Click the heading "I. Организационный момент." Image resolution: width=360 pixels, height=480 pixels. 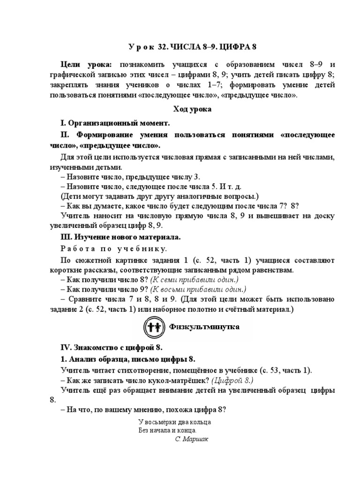(x=114, y=123)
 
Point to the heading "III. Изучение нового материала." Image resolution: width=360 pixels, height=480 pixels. (x=120, y=237)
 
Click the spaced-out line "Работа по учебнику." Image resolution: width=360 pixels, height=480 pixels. (x=113, y=248)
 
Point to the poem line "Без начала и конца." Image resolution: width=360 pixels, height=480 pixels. (x=168, y=430)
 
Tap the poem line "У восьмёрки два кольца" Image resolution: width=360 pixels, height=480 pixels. (x=175, y=422)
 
